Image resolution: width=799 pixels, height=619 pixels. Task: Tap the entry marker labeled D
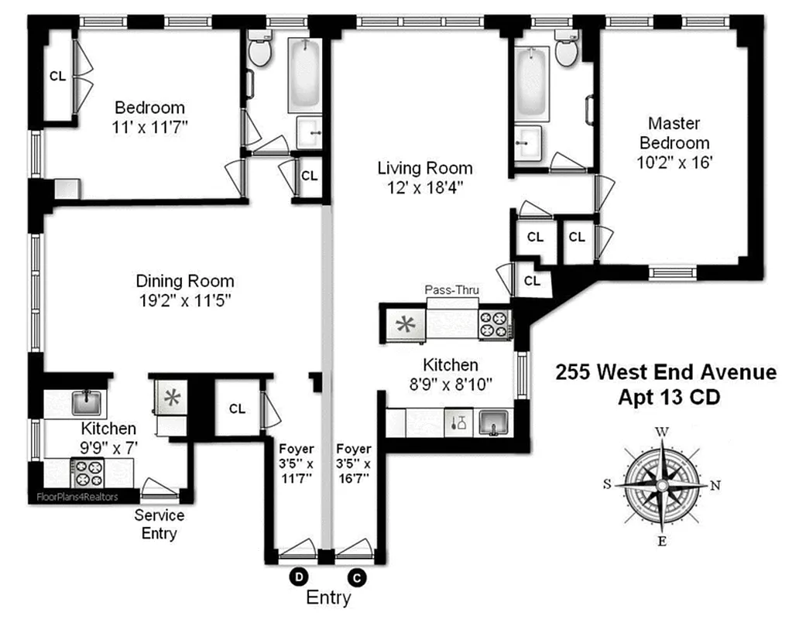click(x=298, y=576)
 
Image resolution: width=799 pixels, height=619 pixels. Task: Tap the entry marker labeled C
click(x=357, y=576)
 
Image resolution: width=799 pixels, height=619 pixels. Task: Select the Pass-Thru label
click(x=452, y=290)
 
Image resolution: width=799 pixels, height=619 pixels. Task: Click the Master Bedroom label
click(x=674, y=133)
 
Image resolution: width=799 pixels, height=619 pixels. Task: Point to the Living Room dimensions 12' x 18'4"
click(x=425, y=186)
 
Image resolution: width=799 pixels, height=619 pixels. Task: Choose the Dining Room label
click(x=185, y=281)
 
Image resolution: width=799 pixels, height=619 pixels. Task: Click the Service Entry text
click(x=159, y=525)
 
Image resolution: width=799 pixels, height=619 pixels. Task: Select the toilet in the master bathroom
click(x=566, y=53)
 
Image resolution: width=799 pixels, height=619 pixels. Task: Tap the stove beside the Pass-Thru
click(x=494, y=324)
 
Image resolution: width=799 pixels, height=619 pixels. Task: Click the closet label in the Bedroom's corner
click(x=58, y=76)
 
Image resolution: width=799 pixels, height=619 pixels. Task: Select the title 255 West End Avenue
click(x=666, y=372)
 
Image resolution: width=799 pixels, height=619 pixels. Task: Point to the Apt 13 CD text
click(x=666, y=397)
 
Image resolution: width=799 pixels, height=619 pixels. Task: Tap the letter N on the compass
click(x=715, y=486)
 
